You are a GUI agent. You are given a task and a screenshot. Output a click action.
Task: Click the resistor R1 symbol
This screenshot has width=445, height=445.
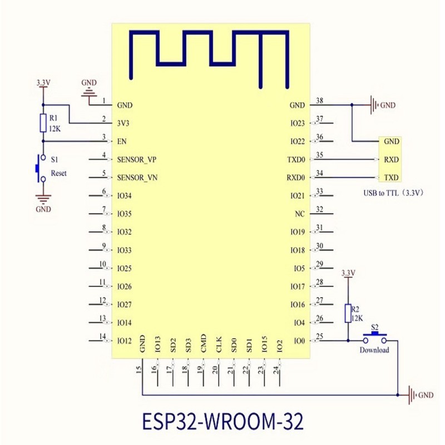click(x=43, y=123)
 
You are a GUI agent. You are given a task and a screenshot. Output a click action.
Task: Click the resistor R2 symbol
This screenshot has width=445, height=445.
click(x=348, y=313)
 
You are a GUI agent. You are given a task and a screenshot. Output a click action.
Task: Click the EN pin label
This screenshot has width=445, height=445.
click(x=122, y=141)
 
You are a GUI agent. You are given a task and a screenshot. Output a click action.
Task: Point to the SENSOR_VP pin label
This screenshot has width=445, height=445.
click(x=137, y=160)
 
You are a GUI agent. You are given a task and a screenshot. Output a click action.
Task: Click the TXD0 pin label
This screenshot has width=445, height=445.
click(x=295, y=160)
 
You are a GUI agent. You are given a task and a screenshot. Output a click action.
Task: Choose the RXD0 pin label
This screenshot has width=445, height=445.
click(x=295, y=178)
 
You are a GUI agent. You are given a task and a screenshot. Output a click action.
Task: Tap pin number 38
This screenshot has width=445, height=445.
click(x=319, y=101)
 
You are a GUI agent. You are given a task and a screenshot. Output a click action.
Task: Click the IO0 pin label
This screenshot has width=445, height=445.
click(x=299, y=340)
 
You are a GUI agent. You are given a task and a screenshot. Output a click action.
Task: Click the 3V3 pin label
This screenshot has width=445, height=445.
click(x=124, y=123)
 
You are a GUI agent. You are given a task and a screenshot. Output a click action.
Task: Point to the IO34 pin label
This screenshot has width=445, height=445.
click(x=125, y=196)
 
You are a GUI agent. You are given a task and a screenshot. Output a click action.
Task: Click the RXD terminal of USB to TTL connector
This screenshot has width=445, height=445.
click(x=391, y=160)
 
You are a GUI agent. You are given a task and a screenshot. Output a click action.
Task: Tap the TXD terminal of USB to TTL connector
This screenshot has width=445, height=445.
click(x=391, y=178)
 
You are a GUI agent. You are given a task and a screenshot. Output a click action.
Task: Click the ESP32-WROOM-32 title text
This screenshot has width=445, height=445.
click(x=222, y=421)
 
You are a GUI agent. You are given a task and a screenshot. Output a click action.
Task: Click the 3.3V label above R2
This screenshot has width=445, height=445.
click(x=348, y=273)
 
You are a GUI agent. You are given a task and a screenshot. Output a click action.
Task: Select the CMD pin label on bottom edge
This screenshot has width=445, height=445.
click(x=204, y=343)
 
